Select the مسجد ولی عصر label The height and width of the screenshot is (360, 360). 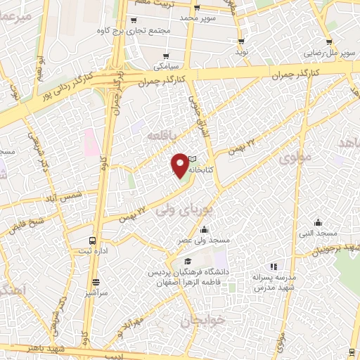coord(204,240)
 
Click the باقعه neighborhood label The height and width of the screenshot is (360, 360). coord(165,133)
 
